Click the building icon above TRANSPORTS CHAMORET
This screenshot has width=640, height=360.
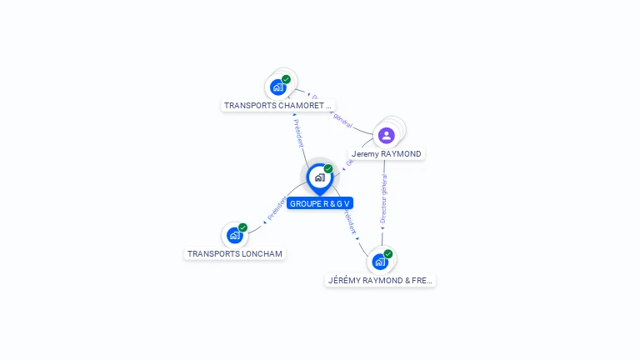pyautogui.click(x=278, y=87)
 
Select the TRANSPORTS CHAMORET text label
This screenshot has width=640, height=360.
pyautogui.click(x=278, y=106)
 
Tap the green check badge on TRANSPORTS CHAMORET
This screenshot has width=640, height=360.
pyautogui.click(x=287, y=79)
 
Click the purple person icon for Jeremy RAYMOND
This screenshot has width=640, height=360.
pyautogui.click(x=386, y=135)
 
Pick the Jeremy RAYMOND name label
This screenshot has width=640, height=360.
pyautogui.click(x=387, y=154)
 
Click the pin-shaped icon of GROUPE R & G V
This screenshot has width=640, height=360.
pyautogui.click(x=319, y=177)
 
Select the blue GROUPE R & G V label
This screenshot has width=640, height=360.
pyautogui.click(x=320, y=203)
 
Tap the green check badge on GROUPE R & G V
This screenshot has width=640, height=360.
pyautogui.click(x=328, y=168)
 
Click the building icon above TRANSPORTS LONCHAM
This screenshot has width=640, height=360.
pyautogui.click(x=235, y=236)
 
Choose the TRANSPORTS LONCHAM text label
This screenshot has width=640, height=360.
pyautogui.click(x=235, y=253)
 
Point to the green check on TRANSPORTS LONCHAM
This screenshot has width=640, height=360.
pyautogui.click(x=243, y=227)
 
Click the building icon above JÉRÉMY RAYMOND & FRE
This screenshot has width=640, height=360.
pyautogui.click(x=380, y=262)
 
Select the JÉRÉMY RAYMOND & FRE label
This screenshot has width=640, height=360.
pyautogui.click(x=381, y=281)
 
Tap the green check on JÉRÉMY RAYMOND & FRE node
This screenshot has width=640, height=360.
pyautogui.click(x=388, y=254)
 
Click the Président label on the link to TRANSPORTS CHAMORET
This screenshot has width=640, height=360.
pyautogui.click(x=298, y=133)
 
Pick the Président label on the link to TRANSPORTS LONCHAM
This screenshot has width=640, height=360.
pyautogui.click(x=276, y=209)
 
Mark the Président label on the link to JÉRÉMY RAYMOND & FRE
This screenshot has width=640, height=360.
pyautogui.click(x=349, y=222)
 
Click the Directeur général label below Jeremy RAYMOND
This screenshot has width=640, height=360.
pyautogui.click(x=383, y=205)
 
